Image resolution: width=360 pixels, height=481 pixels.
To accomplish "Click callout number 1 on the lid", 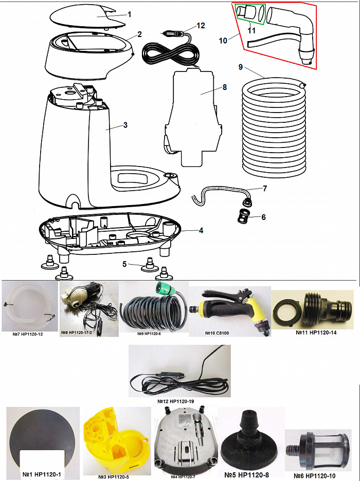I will [130, 14].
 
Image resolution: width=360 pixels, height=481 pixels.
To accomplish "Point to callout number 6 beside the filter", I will [263, 217].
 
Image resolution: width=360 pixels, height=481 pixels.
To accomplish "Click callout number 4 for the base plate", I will [201, 230].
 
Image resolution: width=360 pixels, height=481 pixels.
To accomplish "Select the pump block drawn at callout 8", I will [193, 118].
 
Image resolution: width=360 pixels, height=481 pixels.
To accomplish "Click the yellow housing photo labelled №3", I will [115, 437].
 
